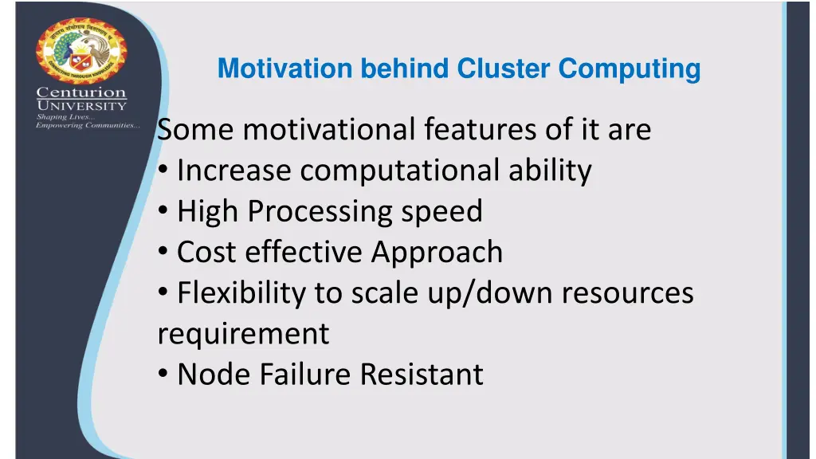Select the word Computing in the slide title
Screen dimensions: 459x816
(629, 69)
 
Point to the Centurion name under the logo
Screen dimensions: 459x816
(81, 93)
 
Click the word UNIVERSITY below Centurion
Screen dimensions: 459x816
(81, 106)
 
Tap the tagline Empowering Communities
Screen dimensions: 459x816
(88, 125)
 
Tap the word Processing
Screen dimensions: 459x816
(322, 211)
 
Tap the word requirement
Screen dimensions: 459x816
(243, 334)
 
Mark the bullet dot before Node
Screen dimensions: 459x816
(163, 375)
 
